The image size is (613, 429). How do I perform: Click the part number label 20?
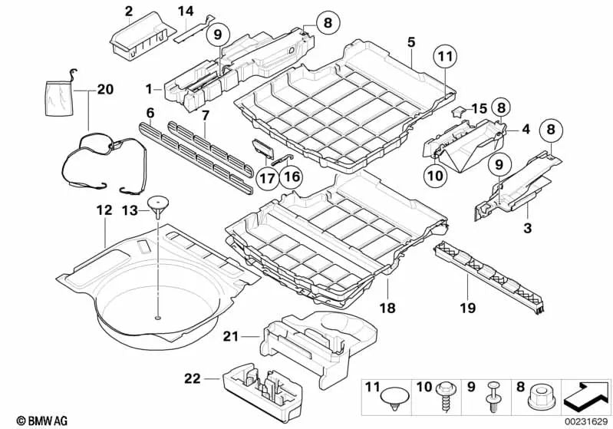coord(105,90)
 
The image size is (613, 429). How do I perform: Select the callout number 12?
coord(104,210)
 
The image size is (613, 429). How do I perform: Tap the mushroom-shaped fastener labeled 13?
coord(158,204)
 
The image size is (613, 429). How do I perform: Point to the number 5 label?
coord(411,41)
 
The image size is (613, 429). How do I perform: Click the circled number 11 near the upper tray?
coord(444,54)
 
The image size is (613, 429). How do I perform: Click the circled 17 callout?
coord(266,178)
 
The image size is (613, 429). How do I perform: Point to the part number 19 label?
coord(467,309)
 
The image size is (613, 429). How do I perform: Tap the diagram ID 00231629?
coord(587,421)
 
